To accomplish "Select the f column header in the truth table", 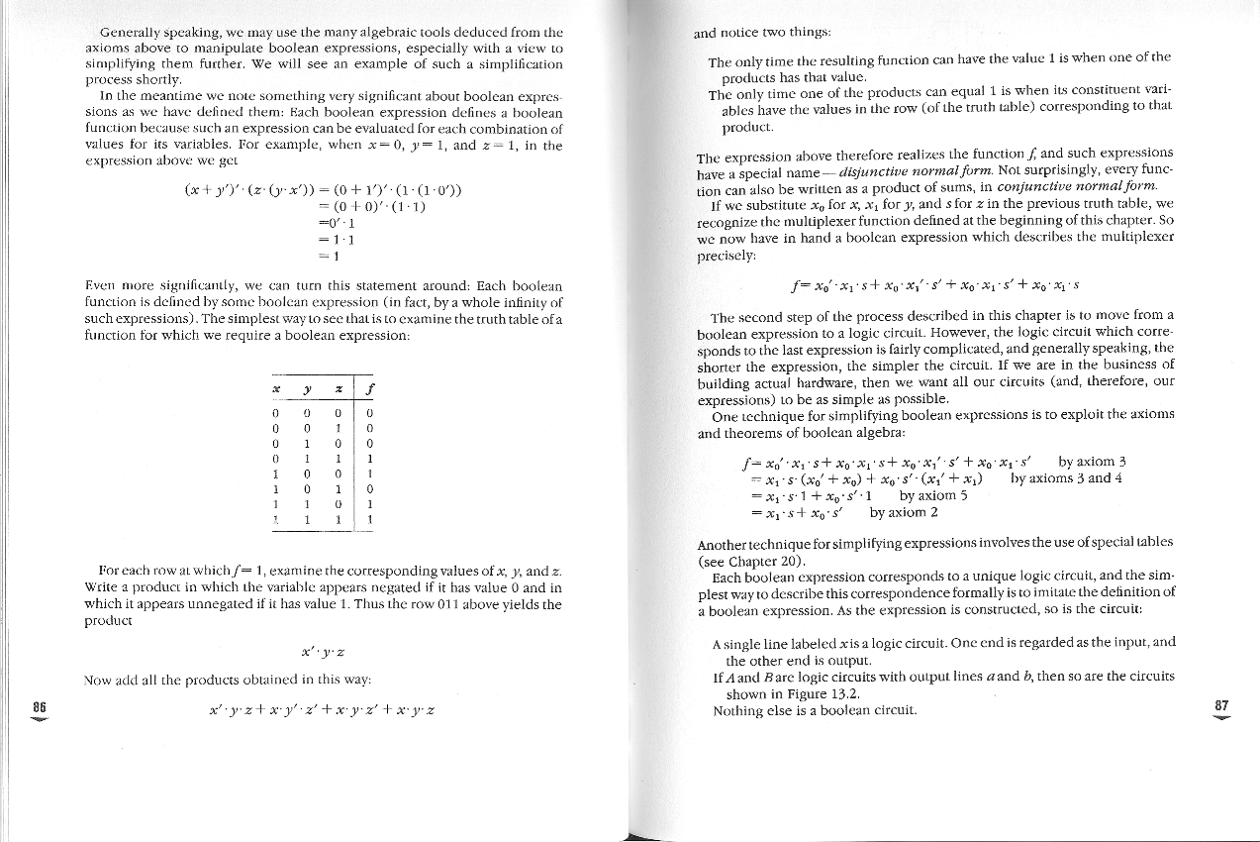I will coord(368,385).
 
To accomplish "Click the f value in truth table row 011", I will coord(369,459).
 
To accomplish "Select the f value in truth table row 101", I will coord(369,488).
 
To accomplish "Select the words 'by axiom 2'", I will coord(903,512).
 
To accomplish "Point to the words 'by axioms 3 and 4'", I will coord(1066,477).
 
